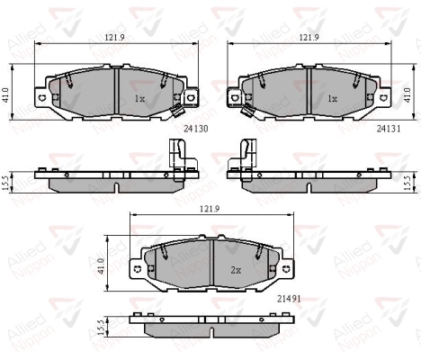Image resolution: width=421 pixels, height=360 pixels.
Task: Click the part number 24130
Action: pyautogui.click(x=195, y=129)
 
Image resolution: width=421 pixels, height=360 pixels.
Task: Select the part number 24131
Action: pyautogui.click(x=389, y=129)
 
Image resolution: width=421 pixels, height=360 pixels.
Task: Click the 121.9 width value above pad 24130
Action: pyautogui.click(x=113, y=38)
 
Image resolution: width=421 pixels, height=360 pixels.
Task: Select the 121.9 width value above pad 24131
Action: pyautogui.click(x=309, y=38)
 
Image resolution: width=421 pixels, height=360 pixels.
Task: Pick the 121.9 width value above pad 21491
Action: pyautogui.click(x=208, y=208)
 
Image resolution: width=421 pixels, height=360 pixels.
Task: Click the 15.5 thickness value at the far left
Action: pyautogui.click(x=5, y=181)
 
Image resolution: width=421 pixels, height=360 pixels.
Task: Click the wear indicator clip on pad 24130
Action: pyautogui.click(x=173, y=112)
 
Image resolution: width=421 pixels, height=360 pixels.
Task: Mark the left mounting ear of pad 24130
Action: pyautogui.click(x=40, y=94)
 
